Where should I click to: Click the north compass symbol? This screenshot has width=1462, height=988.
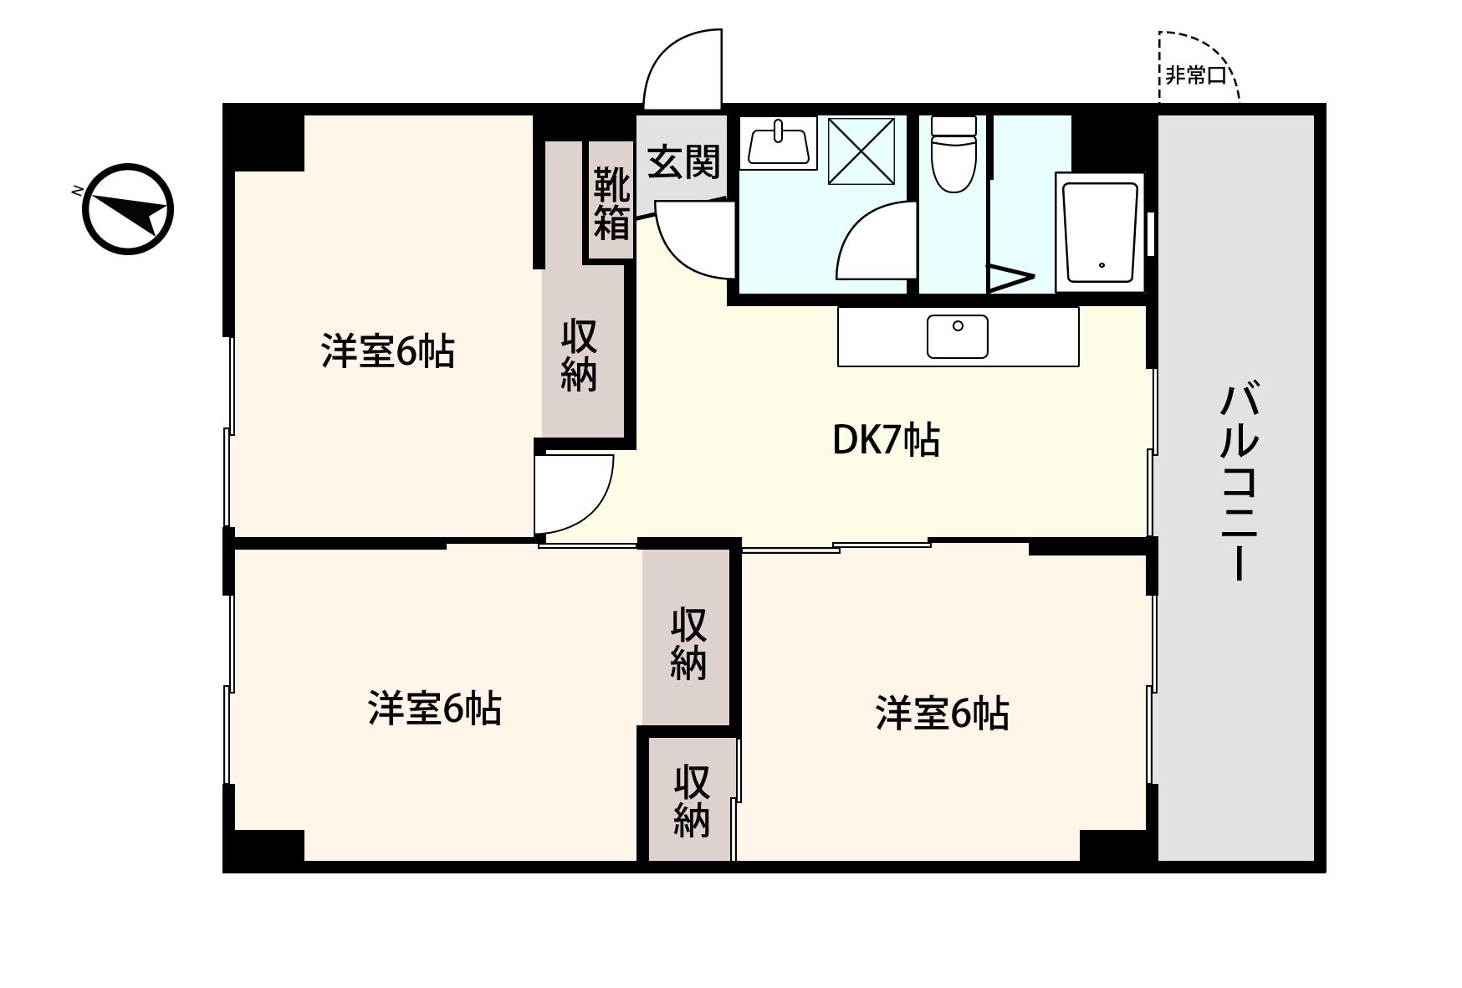(127, 209)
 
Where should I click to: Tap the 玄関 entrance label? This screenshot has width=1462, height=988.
(684, 161)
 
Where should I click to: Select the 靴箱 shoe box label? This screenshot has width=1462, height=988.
(611, 203)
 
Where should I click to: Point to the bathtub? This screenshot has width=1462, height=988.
(1100, 232)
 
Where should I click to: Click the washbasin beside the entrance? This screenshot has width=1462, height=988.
(779, 143)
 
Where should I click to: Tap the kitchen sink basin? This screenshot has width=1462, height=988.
(958, 335)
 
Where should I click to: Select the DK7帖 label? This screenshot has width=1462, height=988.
(886, 440)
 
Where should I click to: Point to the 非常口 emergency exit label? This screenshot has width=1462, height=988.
(1196, 75)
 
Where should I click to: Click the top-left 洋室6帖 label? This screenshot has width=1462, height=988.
(388, 351)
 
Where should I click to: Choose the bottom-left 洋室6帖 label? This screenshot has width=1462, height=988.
(434, 709)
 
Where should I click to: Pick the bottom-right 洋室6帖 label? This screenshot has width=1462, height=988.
(942, 714)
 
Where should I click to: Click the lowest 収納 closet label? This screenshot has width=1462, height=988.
(692, 801)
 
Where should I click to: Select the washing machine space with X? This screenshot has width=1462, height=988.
(861, 151)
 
